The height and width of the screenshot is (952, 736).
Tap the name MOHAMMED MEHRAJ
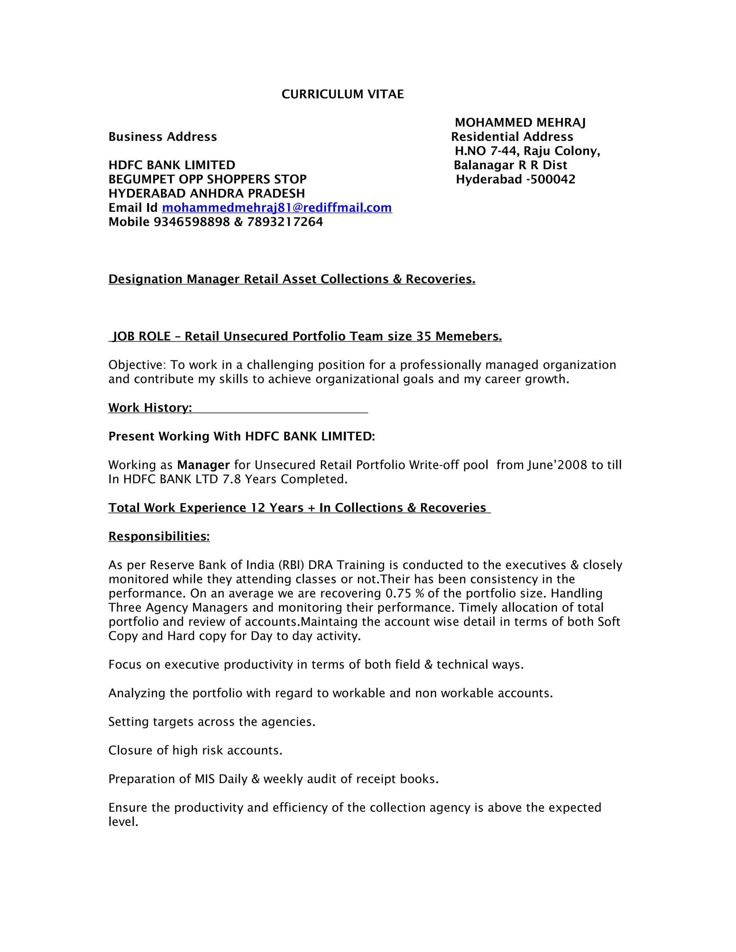point(520,123)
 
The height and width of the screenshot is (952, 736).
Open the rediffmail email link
point(277,208)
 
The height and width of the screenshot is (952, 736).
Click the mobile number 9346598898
point(192,222)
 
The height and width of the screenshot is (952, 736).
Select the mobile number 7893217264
point(285,222)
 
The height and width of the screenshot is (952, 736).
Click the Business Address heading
point(163,137)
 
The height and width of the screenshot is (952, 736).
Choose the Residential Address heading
point(512,137)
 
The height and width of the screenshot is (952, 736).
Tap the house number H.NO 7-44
point(486,151)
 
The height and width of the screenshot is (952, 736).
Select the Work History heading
point(150,408)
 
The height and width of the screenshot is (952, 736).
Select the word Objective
point(137,365)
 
